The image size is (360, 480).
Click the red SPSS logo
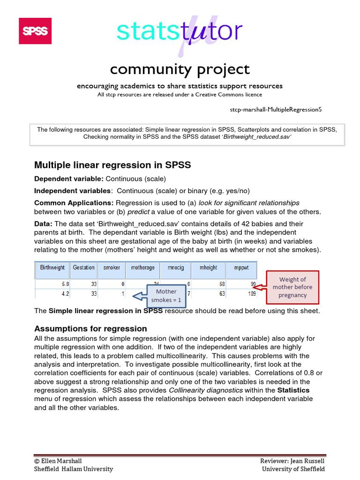[x=35, y=31]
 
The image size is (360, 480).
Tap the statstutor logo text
[x=180, y=31]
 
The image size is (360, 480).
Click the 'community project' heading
[x=180, y=69]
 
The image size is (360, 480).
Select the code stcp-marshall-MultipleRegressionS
[x=276, y=109]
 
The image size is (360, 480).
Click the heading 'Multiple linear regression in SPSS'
[x=112, y=165]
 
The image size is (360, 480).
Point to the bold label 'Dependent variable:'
[x=69, y=179]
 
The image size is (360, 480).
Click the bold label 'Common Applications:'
[x=74, y=203]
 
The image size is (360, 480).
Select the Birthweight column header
[x=52, y=268]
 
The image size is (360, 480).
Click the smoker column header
[x=112, y=268]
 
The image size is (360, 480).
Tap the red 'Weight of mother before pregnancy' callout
[x=292, y=287]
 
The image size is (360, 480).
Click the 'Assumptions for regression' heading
[x=90, y=329]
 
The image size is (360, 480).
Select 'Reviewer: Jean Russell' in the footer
[x=292, y=461]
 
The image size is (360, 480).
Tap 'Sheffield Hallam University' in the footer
[x=74, y=469]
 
